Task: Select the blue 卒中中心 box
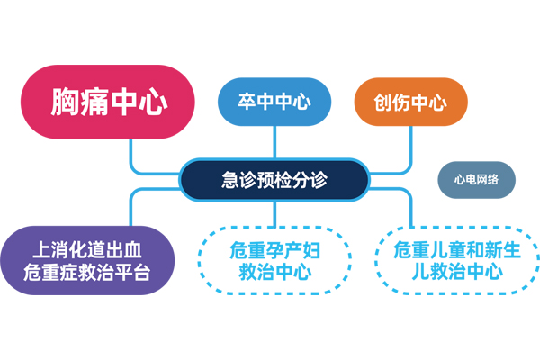[x=275, y=102]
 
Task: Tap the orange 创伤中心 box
[x=410, y=102]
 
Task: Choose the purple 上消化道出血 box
[x=87, y=260]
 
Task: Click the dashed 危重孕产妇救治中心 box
[x=274, y=260]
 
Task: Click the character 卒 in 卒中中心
[x=249, y=102]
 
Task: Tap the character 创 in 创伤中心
[x=386, y=102]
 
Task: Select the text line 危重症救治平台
[x=87, y=272]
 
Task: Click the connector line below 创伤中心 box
[x=410, y=144]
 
